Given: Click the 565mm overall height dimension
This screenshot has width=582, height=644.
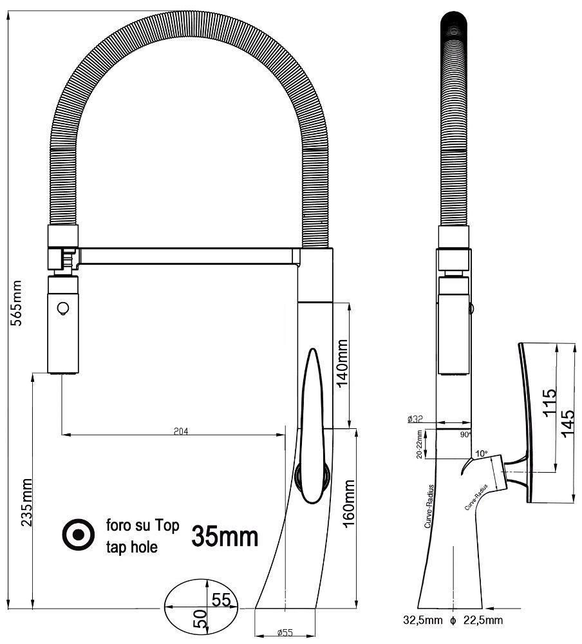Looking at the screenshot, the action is (x=17, y=303).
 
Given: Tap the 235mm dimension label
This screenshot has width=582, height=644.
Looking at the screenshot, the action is (x=26, y=502).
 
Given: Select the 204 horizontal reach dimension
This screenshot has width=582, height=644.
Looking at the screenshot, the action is (x=181, y=431).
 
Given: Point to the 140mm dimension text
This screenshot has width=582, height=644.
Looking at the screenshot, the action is (x=342, y=363).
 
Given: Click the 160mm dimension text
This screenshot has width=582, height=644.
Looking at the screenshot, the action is (x=349, y=504).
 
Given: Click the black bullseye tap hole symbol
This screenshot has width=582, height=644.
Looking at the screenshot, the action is (x=78, y=535).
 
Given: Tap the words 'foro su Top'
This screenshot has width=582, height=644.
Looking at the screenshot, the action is (x=142, y=526).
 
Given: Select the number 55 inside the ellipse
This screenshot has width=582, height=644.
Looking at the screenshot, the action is (x=221, y=600).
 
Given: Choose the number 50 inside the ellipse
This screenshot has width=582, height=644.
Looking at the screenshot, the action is (x=200, y=619).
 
